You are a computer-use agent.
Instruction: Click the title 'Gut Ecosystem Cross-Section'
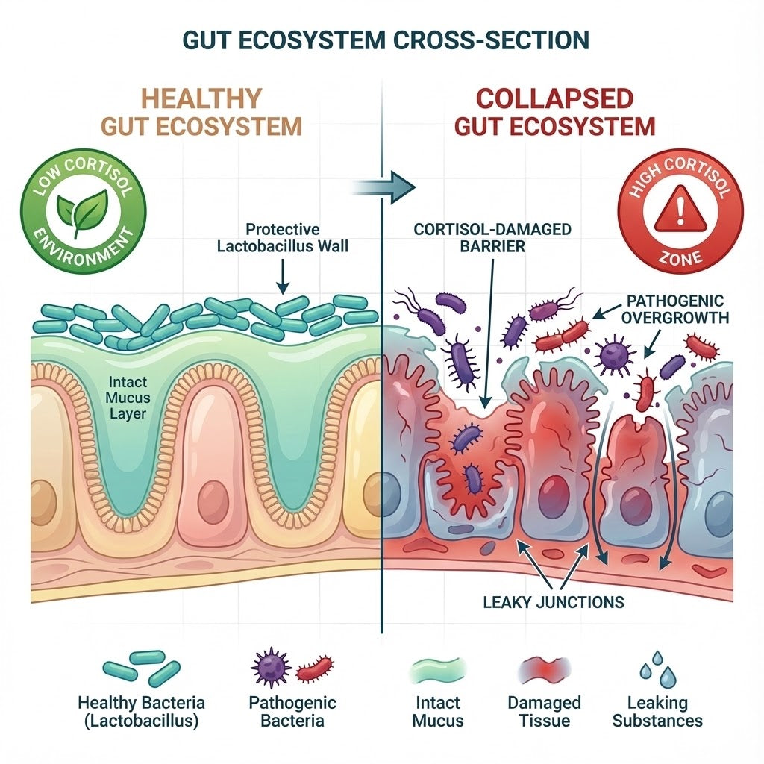coord(381,38)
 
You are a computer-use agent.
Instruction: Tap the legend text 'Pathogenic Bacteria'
coord(292,712)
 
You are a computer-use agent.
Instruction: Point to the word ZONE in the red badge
coord(680,257)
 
